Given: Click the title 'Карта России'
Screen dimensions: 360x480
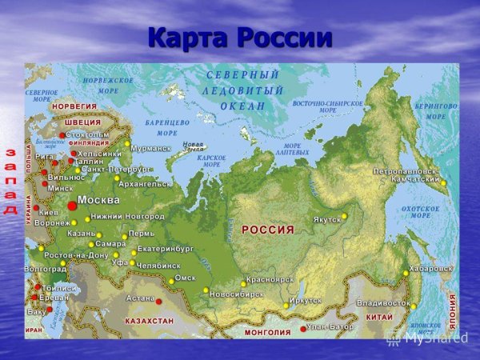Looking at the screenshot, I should (240, 38).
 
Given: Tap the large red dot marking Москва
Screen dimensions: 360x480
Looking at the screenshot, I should (72, 206).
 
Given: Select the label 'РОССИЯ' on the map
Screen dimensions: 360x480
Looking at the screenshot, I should (268, 230).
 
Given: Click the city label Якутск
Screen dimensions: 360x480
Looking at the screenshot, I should (326, 219).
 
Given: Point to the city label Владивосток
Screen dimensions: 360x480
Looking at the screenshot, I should (382, 304).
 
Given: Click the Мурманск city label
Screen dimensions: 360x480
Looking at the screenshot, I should (151, 148).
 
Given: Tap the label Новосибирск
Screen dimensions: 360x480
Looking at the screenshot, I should (236, 294).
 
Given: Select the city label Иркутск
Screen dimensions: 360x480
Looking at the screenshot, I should (306, 301).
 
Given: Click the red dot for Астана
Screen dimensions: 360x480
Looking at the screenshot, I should (158, 302).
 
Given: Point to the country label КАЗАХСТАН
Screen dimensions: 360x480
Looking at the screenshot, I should (150, 320).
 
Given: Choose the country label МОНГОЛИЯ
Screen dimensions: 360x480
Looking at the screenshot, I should (267, 332).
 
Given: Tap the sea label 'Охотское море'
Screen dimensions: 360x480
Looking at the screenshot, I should (420, 211).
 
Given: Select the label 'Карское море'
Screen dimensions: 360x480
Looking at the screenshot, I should (212, 162).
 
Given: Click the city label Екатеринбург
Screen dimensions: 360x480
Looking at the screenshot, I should (166, 249).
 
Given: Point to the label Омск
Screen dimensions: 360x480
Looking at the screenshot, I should (185, 278).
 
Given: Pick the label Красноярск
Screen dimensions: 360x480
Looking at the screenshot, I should (270, 279).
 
